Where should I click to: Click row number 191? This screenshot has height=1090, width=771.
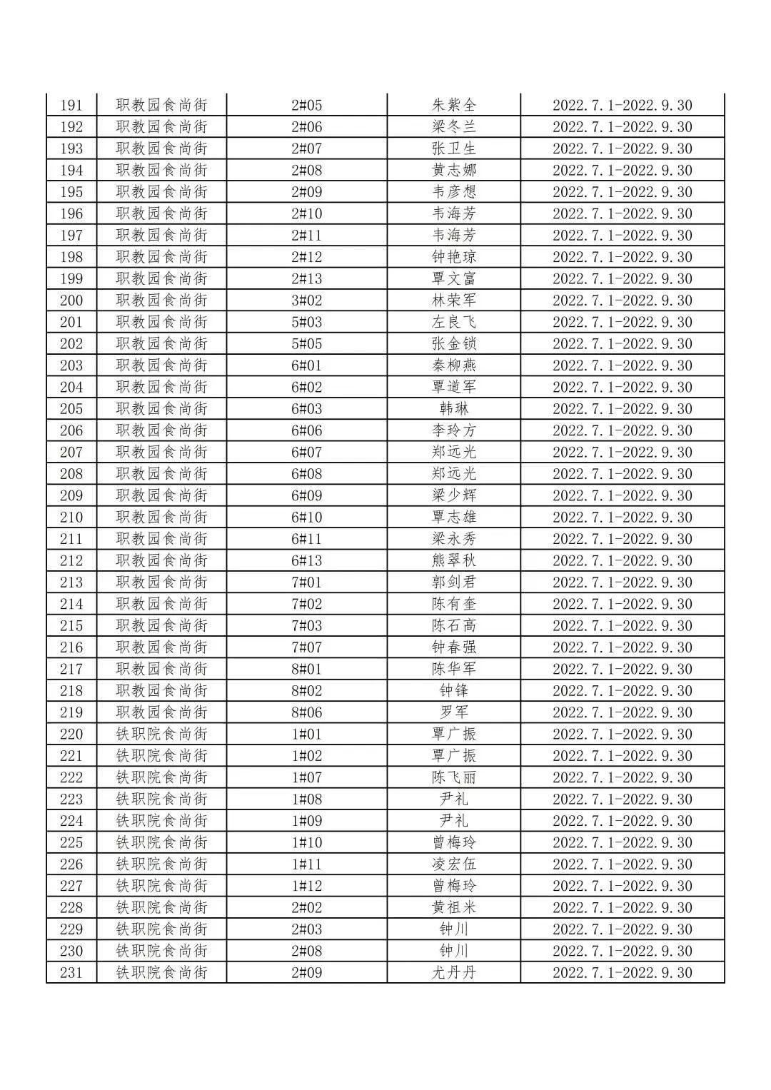point(71,106)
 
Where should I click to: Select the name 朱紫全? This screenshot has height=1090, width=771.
point(453,106)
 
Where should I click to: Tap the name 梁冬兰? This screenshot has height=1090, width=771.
point(453,127)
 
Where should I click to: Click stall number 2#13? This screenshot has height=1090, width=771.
point(307,278)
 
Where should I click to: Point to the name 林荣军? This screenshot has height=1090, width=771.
point(453,301)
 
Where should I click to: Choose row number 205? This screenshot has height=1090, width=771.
point(71,409)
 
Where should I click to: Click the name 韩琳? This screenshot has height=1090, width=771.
point(453,409)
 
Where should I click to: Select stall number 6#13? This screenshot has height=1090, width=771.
point(307,560)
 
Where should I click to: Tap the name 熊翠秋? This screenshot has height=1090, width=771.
point(453,560)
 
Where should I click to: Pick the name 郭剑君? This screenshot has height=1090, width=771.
point(453,582)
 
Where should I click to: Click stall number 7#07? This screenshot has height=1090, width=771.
point(307,647)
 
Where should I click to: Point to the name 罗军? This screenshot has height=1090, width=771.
point(453,712)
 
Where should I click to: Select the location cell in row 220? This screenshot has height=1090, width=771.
point(162,734)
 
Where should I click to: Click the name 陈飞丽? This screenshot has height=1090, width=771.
point(453,777)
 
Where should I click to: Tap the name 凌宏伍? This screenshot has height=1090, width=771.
point(453,864)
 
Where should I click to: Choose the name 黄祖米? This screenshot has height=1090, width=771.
point(453,907)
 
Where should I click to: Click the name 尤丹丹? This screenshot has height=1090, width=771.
point(453,972)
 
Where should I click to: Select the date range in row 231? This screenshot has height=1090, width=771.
point(623,972)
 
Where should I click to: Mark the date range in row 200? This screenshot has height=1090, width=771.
point(623,301)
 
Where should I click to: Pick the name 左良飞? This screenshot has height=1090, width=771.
point(453,322)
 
